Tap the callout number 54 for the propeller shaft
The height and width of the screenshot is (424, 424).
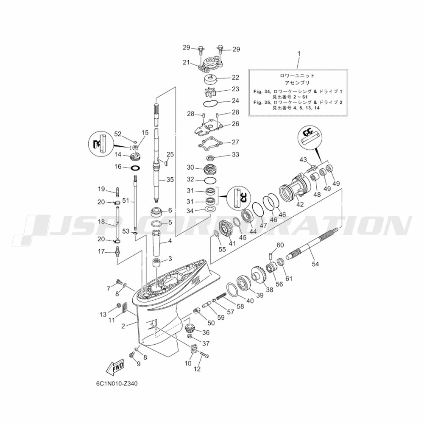coord(315,264)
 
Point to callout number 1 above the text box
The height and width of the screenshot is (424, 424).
coord(299,53)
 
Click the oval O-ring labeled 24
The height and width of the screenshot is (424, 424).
coord(210,103)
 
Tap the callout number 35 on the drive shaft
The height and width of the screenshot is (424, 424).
coord(170,179)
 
